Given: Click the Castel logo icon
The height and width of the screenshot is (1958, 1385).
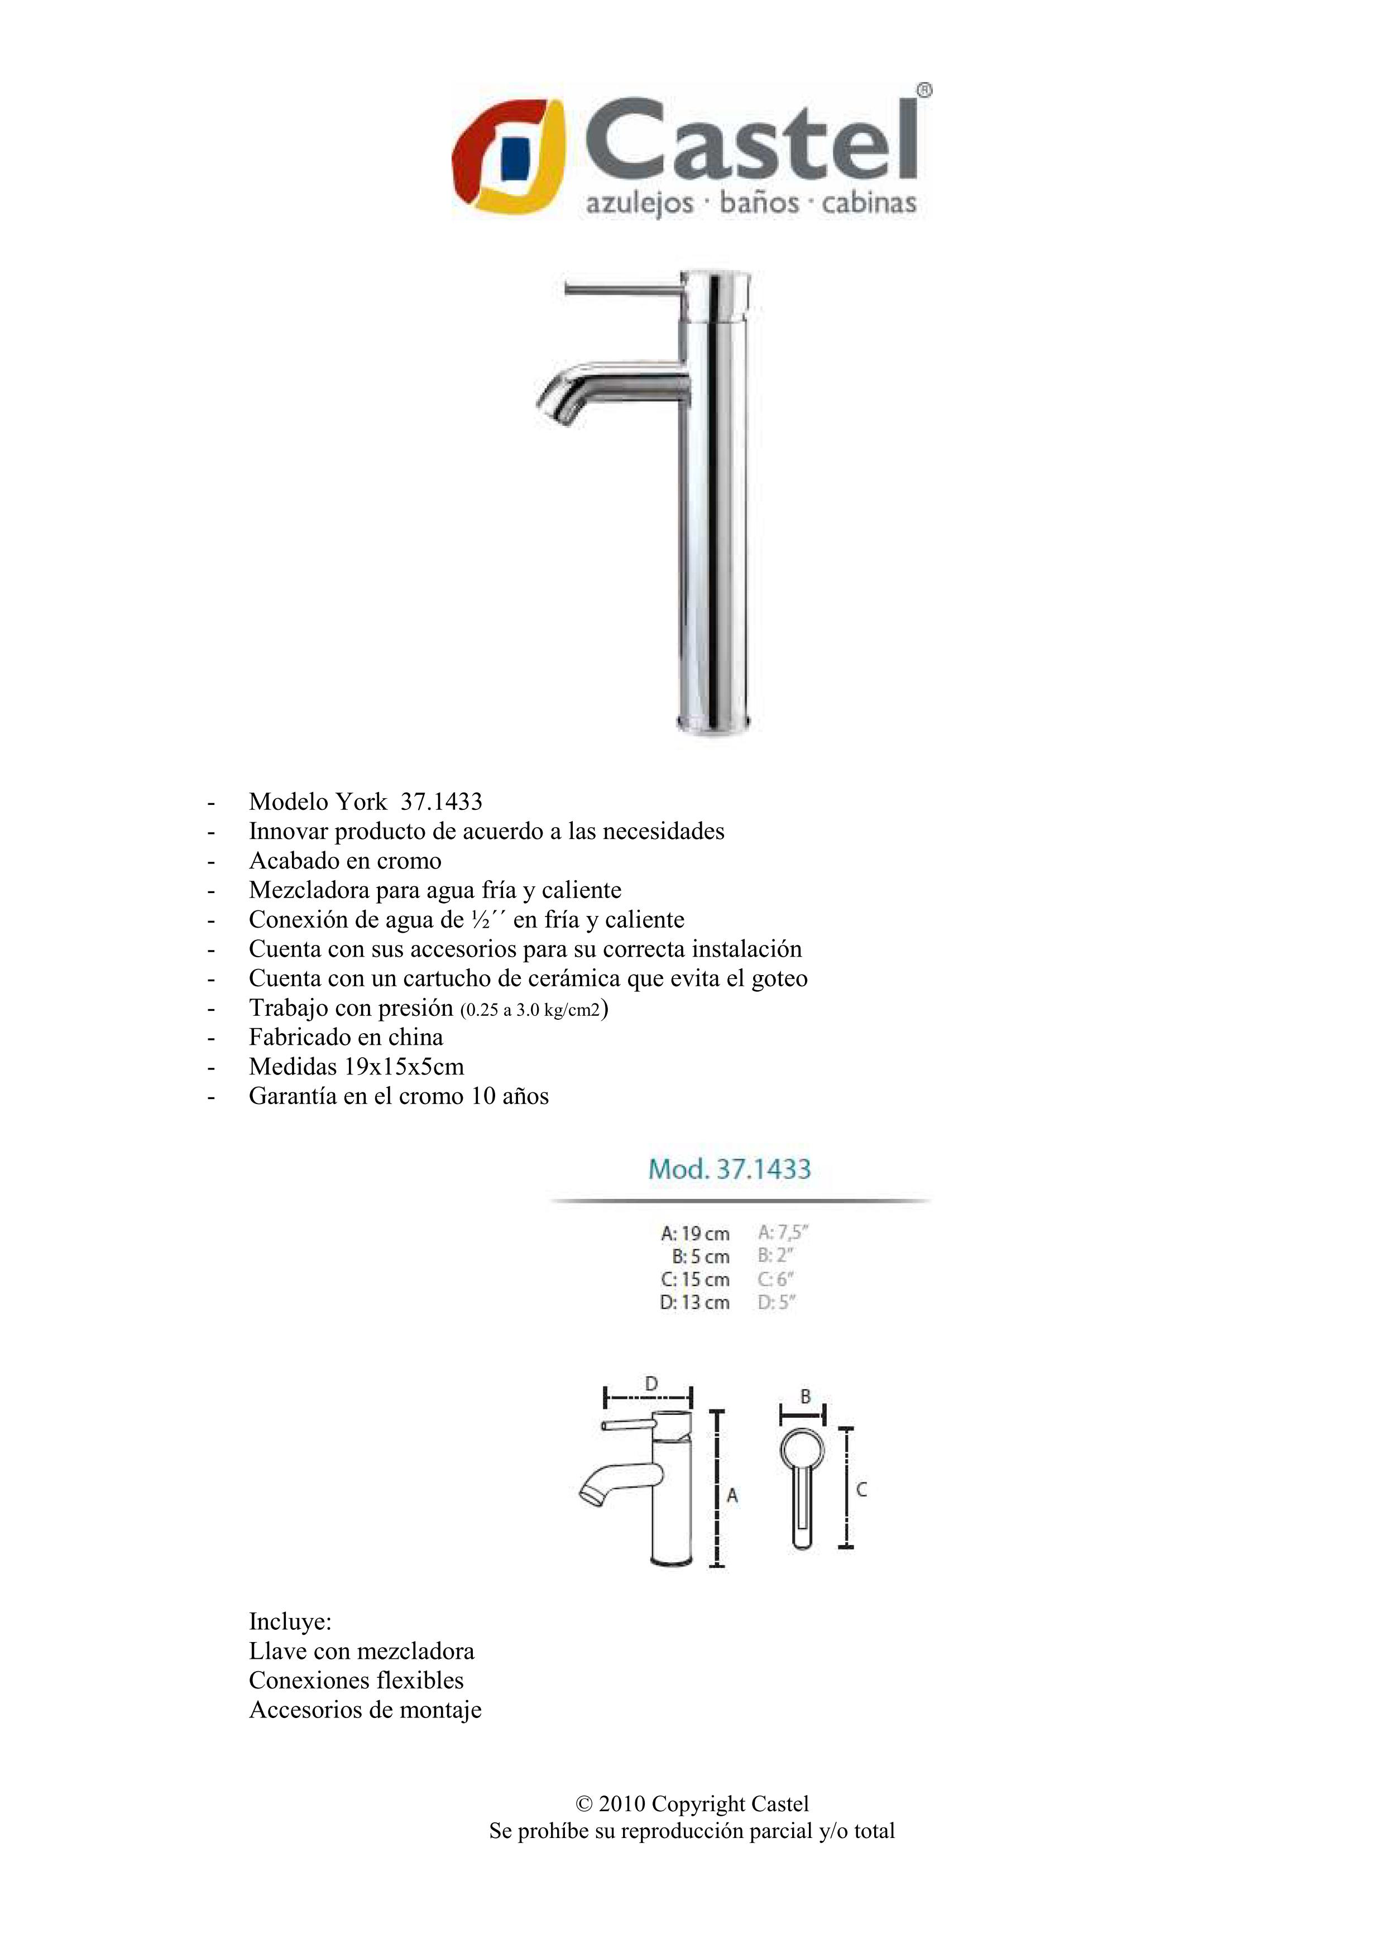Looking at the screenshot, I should point(509,156).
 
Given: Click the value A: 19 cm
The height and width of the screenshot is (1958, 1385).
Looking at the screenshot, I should point(695,1233).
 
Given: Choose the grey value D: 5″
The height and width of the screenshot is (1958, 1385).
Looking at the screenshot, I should point(775,1302).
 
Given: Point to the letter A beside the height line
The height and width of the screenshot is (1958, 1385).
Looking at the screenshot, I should point(732,1495).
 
